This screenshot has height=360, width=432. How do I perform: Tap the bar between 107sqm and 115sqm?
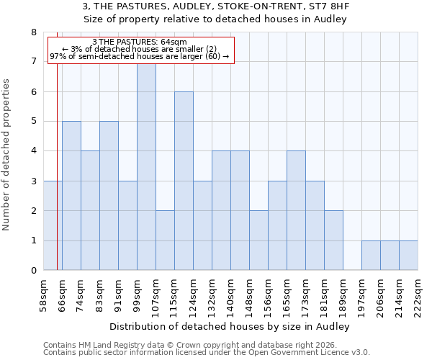(x=165, y=240)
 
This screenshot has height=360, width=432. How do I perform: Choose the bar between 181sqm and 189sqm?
(x=333, y=240)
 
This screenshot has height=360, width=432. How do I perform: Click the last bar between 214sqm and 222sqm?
(x=408, y=256)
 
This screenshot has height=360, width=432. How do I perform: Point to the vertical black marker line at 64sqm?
(x=57, y=180)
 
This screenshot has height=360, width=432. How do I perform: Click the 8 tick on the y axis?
(x=33, y=32)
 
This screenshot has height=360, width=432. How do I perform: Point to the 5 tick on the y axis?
(x=33, y=122)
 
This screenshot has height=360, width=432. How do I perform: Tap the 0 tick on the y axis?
(x=33, y=271)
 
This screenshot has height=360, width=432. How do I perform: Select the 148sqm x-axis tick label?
(x=249, y=295)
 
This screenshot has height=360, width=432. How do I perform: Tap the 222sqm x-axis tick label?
(x=418, y=295)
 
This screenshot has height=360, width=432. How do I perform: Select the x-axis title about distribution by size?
(x=230, y=327)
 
